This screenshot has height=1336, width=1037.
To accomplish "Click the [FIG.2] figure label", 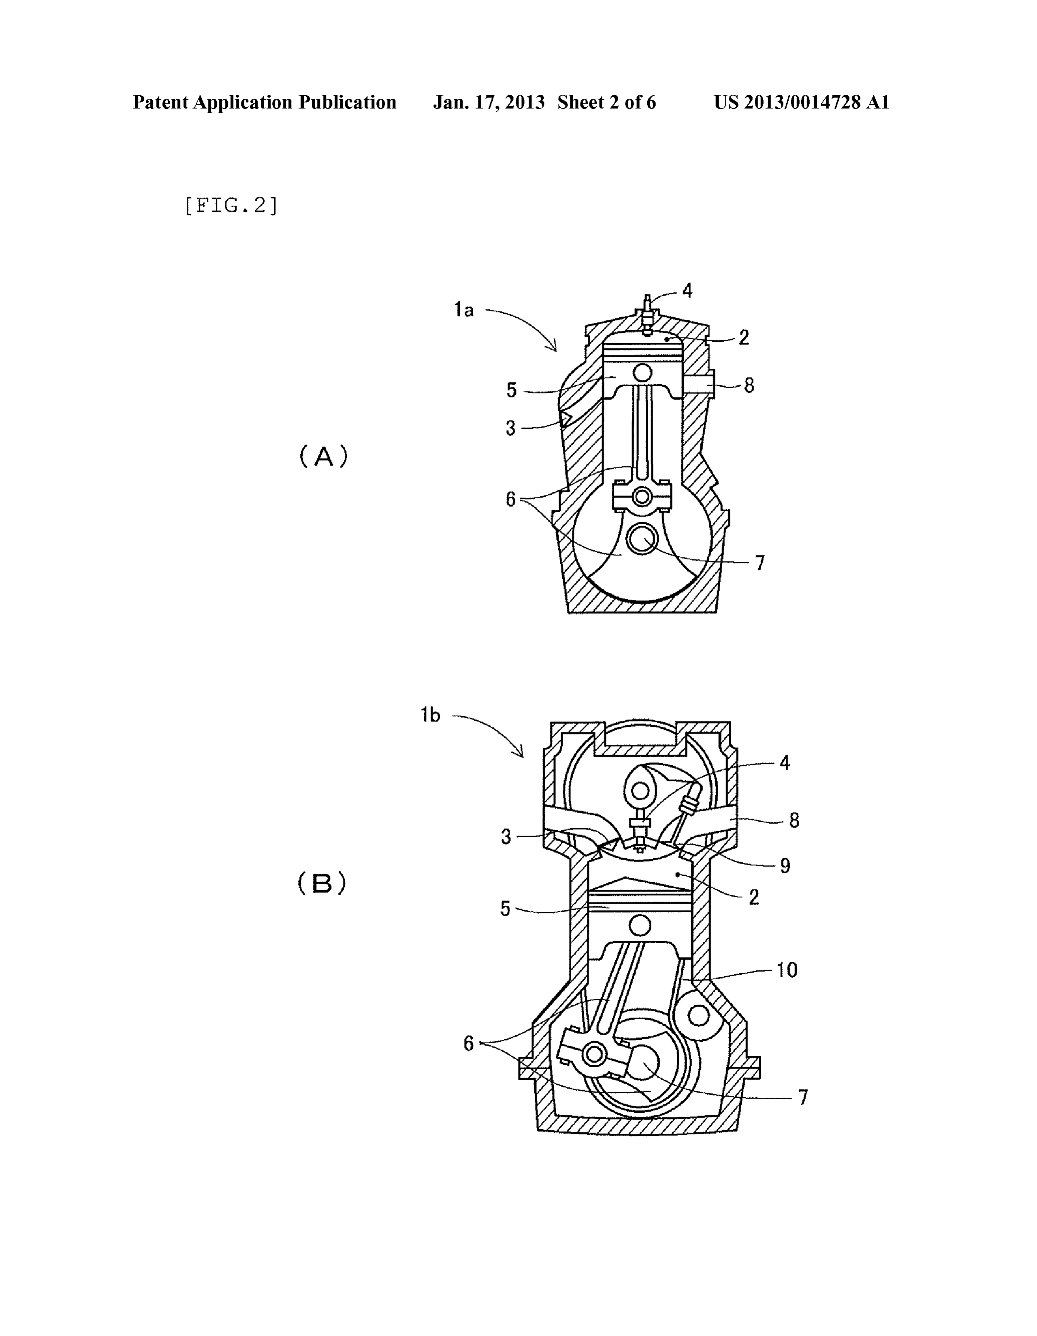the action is coord(231,206).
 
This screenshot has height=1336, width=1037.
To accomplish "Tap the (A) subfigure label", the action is coord(323,456).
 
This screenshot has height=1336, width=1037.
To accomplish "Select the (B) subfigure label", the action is coord(322,883).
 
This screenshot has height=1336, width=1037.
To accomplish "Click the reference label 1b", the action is coord(430,715).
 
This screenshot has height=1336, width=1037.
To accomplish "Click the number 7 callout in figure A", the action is coord(760,563).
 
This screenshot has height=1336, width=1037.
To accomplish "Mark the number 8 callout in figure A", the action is coord(749,385).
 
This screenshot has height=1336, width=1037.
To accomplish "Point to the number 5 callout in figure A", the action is coord(512,389).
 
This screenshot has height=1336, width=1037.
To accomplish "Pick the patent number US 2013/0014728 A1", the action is coord(801,102).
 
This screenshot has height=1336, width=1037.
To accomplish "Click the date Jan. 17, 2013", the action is coord(489,102).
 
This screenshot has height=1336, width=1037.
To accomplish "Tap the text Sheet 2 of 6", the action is coord(607,102).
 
